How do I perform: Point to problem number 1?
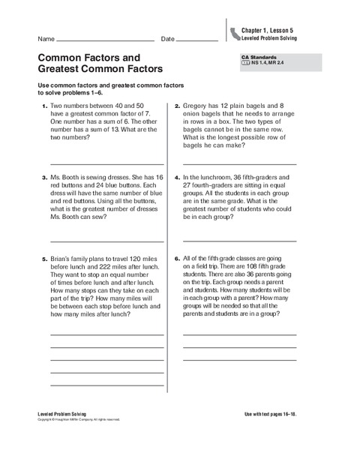point(45,107)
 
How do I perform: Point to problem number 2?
point(177,107)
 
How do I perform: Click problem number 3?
point(45,179)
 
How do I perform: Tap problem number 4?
point(177,179)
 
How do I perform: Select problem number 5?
point(45,259)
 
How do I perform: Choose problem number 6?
point(177,259)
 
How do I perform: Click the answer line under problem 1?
point(106,163)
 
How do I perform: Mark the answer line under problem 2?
point(238,163)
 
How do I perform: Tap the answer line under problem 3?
point(106,241)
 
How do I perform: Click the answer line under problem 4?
point(238,241)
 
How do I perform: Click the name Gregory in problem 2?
point(198,107)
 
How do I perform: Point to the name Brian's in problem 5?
point(61,259)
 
